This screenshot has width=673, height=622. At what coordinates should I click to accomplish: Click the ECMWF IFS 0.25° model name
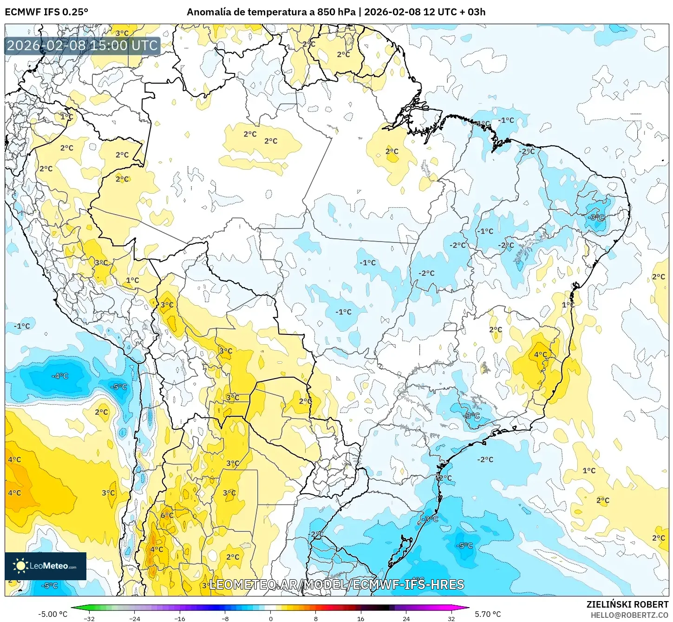pyautogui.click(x=46, y=12)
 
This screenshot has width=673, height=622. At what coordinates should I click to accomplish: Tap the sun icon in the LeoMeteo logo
pyautogui.click(x=20, y=566)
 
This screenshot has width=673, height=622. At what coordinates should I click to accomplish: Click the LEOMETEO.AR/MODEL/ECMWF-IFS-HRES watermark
pyautogui.click(x=337, y=584)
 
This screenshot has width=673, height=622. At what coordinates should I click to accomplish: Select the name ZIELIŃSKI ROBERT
pyautogui.click(x=627, y=604)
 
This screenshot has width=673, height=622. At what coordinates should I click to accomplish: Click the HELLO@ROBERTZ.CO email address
pyautogui.click(x=629, y=615)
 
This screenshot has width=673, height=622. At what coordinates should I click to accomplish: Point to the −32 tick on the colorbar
pyautogui.click(x=89, y=618)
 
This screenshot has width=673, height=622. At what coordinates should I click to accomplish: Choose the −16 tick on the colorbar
pyautogui.click(x=180, y=618)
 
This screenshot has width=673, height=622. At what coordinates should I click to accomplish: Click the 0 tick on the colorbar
pyautogui.click(x=270, y=618)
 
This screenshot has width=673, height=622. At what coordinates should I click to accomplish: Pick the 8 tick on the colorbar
pyautogui.click(x=316, y=618)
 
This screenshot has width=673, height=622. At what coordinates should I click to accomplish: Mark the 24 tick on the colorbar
pyautogui.click(x=406, y=618)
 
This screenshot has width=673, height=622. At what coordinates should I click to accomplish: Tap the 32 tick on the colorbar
pyautogui.click(x=451, y=618)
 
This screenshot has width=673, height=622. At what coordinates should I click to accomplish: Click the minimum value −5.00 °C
pyautogui.click(x=52, y=614)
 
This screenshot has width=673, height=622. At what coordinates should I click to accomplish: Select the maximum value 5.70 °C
pyautogui.click(x=488, y=614)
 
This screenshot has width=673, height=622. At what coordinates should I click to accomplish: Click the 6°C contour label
pyautogui.click(x=167, y=515)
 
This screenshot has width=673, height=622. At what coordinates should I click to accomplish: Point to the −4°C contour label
pyautogui.click(x=60, y=376)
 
